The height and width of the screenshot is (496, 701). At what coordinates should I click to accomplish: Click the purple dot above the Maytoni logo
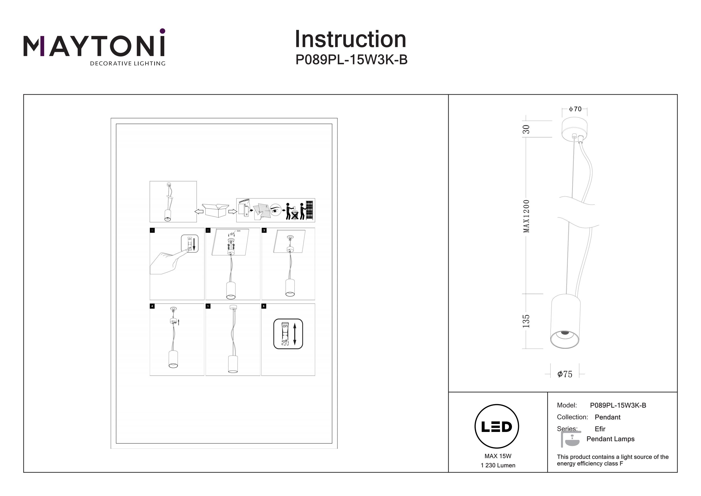[x=162, y=31]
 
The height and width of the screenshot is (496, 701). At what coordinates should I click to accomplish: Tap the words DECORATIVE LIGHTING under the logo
[x=127, y=64]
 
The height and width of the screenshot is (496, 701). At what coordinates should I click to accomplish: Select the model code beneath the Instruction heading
[x=351, y=60]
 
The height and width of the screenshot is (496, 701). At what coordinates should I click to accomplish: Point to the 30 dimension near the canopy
[x=526, y=129]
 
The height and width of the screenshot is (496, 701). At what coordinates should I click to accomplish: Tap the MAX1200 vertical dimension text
[x=526, y=216]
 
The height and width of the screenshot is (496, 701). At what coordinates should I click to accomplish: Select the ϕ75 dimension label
[x=565, y=374]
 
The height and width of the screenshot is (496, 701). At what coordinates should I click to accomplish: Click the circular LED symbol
[x=497, y=427]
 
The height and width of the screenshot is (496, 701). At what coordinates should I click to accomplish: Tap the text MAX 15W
[x=498, y=456]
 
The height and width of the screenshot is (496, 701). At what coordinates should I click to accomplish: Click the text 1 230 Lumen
[x=498, y=465]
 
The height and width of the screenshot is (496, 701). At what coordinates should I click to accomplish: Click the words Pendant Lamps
[x=610, y=439]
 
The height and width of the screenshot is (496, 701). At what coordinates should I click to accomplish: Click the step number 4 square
[x=152, y=306]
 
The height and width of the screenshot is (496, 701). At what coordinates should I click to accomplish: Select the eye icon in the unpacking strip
[x=276, y=210]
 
